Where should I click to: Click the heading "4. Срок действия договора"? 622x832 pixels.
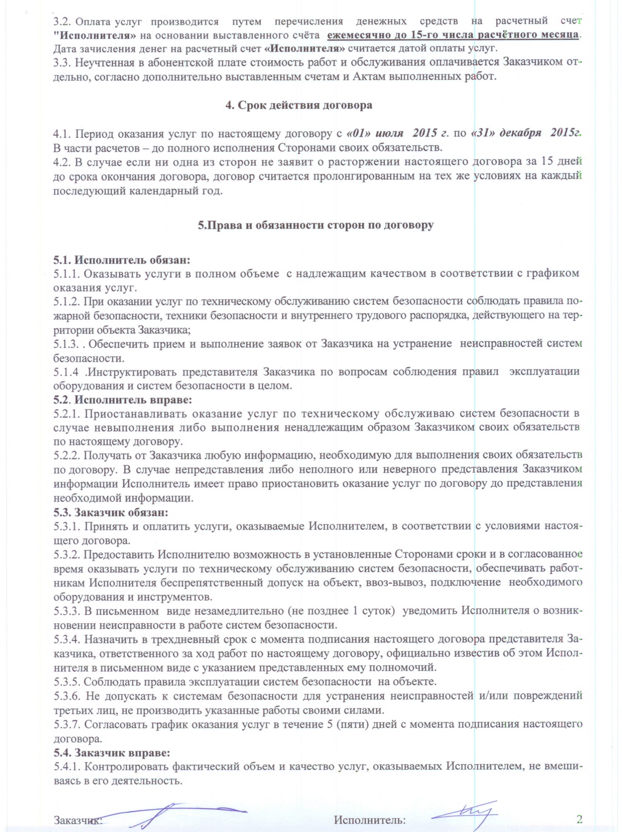coord(299,105)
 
